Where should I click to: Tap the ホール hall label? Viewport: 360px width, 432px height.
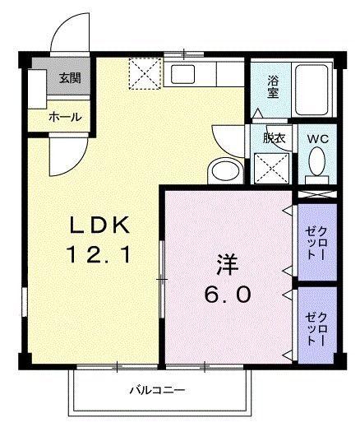click(x=64, y=117)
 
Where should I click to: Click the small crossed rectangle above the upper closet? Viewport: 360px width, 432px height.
click(x=316, y=194)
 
